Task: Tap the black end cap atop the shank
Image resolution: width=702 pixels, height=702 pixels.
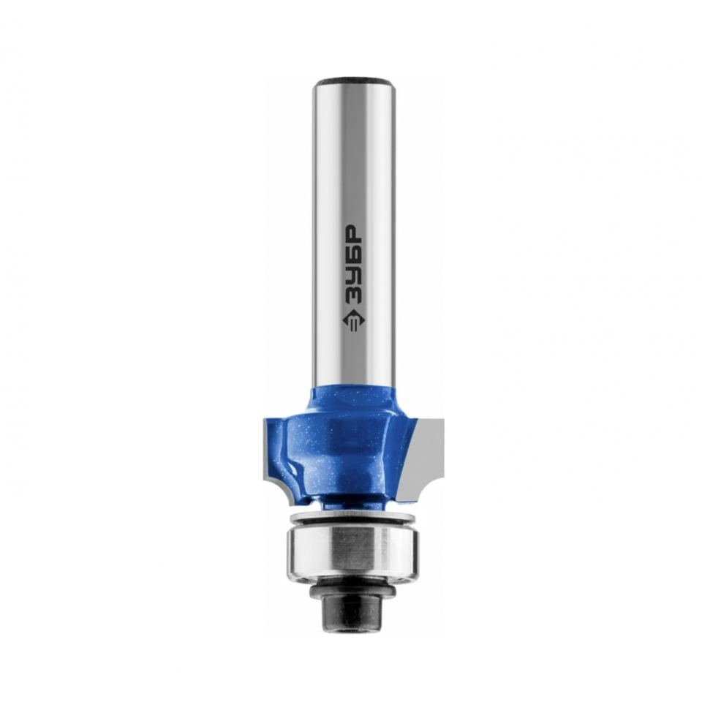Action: (x=353, y=83)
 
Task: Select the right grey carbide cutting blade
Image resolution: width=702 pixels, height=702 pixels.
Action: (x=428, y=456)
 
